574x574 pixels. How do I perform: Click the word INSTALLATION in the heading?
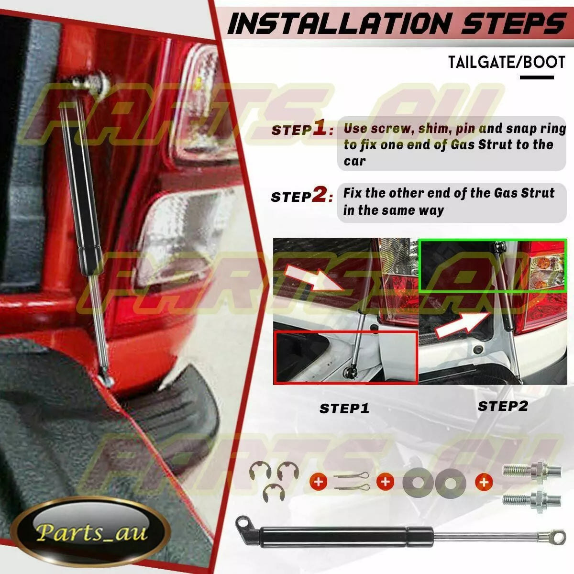pyautogui.click(x=340, y=24)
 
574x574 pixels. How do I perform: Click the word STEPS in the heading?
pyautogui.click(x=513, y=24)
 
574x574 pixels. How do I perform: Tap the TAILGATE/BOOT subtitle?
pyautogui.click(x=507, y=62)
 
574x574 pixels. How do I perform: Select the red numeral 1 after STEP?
pyautogui.click(x=320, y=129)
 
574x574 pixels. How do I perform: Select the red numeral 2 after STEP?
pyautogui.click(x=320, y=196)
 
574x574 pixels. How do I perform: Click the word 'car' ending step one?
pyautogui.click(x=354, y=161)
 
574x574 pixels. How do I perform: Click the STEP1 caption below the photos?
pyautogui.click(x=344, y=408)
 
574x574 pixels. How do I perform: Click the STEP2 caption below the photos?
pyautogui.click(x=503, y=406)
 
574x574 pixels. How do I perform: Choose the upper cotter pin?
pyautogui.click(x=352, y=475)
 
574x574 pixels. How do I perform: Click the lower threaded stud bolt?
pyautogui.click(x=532, y=499)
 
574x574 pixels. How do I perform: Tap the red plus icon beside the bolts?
pyautogui.click(x=484, y=482)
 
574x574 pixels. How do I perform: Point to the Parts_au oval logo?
pyautogui.click(x=91, y=530)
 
